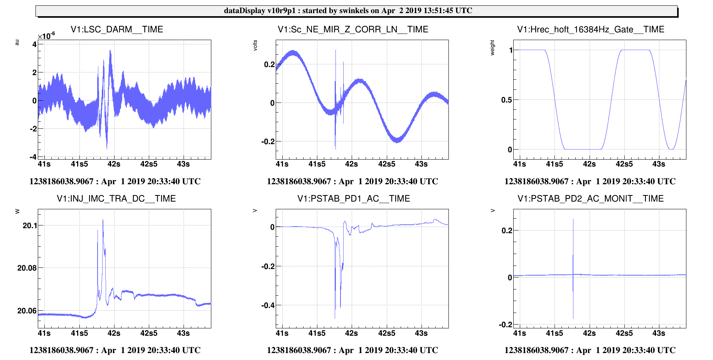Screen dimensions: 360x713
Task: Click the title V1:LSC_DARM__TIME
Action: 117,29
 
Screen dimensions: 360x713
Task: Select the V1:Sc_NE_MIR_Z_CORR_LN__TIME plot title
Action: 353,29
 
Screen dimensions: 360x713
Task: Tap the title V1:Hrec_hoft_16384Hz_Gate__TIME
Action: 590,29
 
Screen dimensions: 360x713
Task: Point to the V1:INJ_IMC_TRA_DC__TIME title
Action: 116,199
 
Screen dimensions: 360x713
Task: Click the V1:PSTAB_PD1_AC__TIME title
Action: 354,199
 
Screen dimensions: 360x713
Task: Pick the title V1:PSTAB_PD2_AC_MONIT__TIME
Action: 590,199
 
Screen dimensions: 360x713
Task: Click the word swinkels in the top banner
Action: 354,11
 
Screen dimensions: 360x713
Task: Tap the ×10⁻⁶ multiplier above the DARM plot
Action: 46,36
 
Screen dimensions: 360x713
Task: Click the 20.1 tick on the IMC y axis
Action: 30,225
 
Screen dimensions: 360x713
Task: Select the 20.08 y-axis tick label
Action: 27,268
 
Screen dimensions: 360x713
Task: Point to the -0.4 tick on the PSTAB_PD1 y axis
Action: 268,305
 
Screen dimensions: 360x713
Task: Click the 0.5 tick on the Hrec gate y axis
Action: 506,100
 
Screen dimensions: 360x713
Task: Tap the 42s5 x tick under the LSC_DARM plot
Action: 149,164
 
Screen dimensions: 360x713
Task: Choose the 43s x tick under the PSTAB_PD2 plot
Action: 659,333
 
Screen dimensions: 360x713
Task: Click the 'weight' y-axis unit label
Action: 492,48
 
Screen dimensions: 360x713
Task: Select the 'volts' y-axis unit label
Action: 255,45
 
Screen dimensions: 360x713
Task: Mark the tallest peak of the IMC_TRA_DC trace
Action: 103,220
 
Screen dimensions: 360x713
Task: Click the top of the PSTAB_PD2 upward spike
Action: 573,220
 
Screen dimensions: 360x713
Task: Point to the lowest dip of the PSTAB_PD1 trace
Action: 335,318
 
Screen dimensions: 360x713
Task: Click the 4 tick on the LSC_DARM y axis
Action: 35,44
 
